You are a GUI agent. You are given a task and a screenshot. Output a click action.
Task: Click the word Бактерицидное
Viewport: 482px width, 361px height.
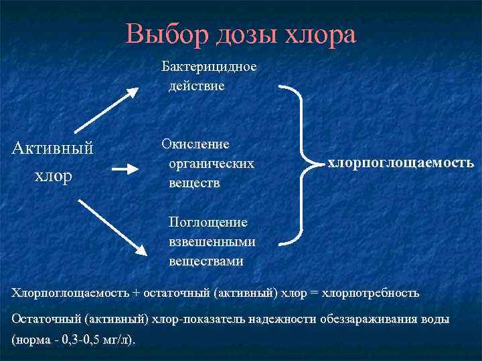[x=208, y=67]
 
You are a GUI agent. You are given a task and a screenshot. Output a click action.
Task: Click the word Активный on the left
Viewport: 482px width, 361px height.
[x=53, y=148]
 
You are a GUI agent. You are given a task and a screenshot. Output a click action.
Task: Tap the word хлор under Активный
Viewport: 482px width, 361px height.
[x=53, y=176]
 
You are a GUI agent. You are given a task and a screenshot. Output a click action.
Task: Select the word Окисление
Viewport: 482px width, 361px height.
[x=195, y=144]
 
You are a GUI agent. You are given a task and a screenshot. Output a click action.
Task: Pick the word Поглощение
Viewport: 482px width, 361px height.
[x=208, y=222]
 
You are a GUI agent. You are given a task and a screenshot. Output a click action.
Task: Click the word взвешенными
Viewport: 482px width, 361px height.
[x=212, y=241]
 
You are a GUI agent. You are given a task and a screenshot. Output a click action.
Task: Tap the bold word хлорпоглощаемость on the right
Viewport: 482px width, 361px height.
[x=400, y=162]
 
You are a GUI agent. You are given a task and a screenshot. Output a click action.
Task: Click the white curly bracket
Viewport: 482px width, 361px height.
[x=302, y=164]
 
